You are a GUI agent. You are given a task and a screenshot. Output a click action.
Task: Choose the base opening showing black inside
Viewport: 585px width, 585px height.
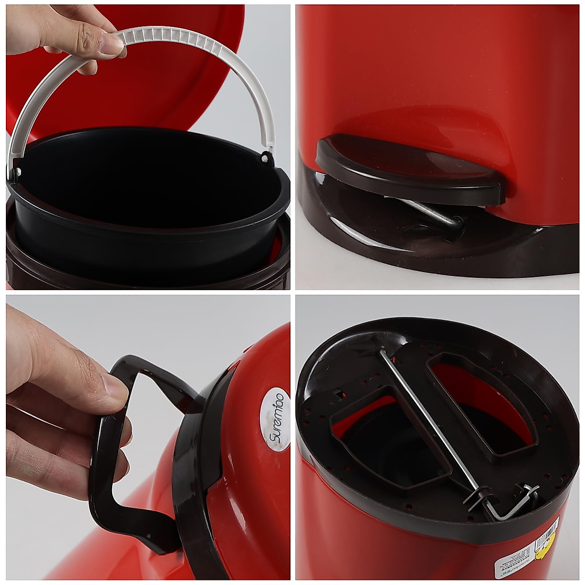point(390,439)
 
